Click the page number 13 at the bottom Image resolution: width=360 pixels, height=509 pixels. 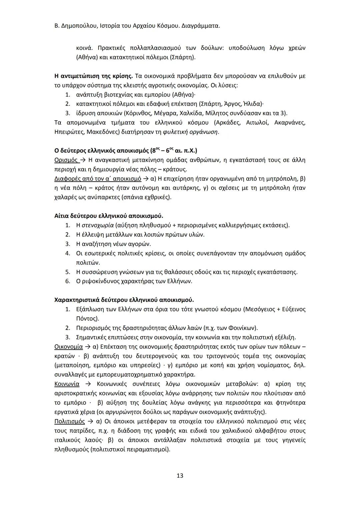click(180, 475)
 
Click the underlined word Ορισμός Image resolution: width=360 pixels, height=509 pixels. click(66, 160)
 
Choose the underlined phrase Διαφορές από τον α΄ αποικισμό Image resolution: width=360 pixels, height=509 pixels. click(97, 179)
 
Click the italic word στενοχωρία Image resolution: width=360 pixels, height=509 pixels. click(97, 225)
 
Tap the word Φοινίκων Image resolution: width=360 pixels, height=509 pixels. click(242, 328)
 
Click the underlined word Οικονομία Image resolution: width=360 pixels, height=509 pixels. click(68, 347)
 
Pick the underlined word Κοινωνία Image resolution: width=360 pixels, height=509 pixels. click(67, 384)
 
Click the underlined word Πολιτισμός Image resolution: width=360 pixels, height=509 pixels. click(69, 421)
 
